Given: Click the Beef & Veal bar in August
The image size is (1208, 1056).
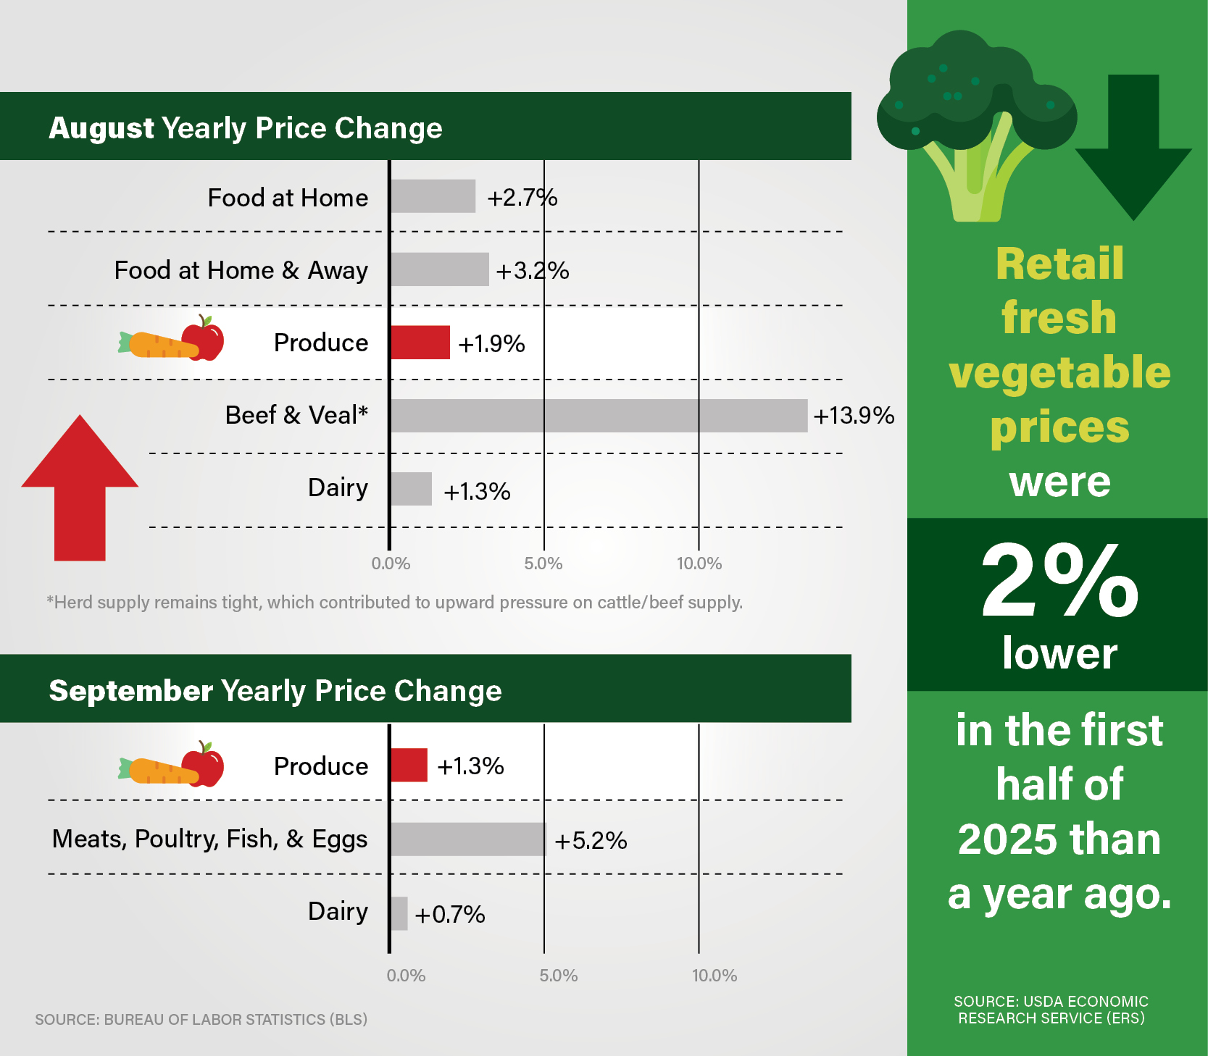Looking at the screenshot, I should click(599, 416).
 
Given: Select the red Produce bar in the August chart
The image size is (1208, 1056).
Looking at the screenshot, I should click(420, 343).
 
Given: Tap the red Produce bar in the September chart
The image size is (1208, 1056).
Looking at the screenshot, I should click(409, 766).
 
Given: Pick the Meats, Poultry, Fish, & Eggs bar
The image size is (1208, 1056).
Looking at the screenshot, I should click(467, 839).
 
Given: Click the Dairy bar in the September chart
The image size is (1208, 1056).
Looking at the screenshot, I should click(399, 913).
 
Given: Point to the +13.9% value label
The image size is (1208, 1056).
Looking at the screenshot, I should click(854, 416).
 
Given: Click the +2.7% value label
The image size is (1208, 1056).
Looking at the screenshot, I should click(522, 198).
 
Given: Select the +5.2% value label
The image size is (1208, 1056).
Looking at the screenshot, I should click(591, 840).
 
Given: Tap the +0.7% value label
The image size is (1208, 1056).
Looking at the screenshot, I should click(449, 914).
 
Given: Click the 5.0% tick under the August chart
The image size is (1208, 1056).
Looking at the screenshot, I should click(543, 563).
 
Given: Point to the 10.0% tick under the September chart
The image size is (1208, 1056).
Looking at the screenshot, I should click(715, 976).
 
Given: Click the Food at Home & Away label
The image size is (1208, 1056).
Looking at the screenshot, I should click(241, 270).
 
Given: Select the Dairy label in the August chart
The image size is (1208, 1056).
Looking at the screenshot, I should click(338, 487).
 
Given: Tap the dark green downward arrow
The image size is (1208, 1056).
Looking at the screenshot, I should click(1133, 145).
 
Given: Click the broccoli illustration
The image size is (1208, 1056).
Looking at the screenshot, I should click(975, 123).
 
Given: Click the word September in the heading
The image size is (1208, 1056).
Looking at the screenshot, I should click(130, 691).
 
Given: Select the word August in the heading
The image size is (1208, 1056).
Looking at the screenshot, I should click(101, 128).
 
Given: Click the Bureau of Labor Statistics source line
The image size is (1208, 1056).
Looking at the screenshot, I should click(201, 1019).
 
